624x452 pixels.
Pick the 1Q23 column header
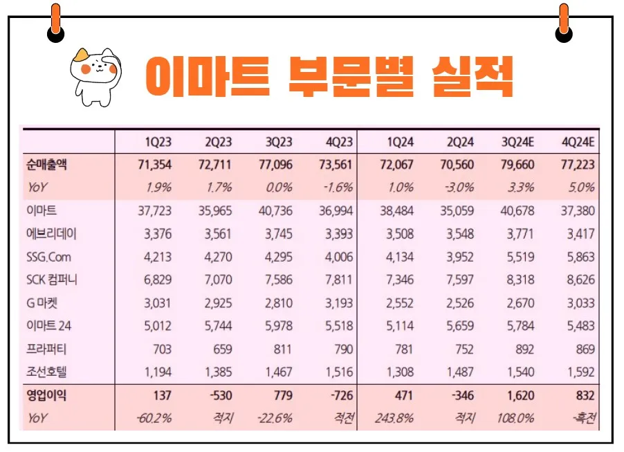click(158, 142)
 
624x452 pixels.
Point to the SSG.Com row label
click(49, 257)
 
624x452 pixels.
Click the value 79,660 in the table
click(518, 165)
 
